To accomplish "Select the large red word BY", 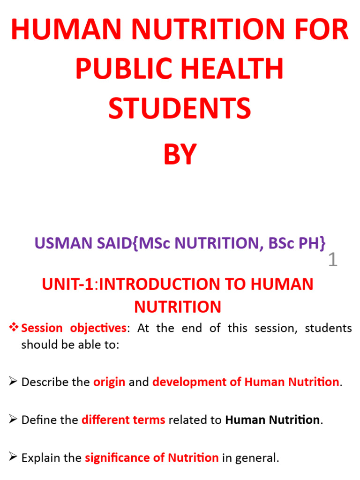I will (180, 155).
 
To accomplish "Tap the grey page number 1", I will (332, 260).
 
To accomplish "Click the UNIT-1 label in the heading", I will (68, 285).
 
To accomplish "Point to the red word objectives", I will (98, 328).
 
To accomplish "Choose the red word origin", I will (109, 382).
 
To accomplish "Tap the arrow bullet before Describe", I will (14, 382).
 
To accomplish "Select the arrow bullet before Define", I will (14, 420).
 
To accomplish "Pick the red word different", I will (104, 420).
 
